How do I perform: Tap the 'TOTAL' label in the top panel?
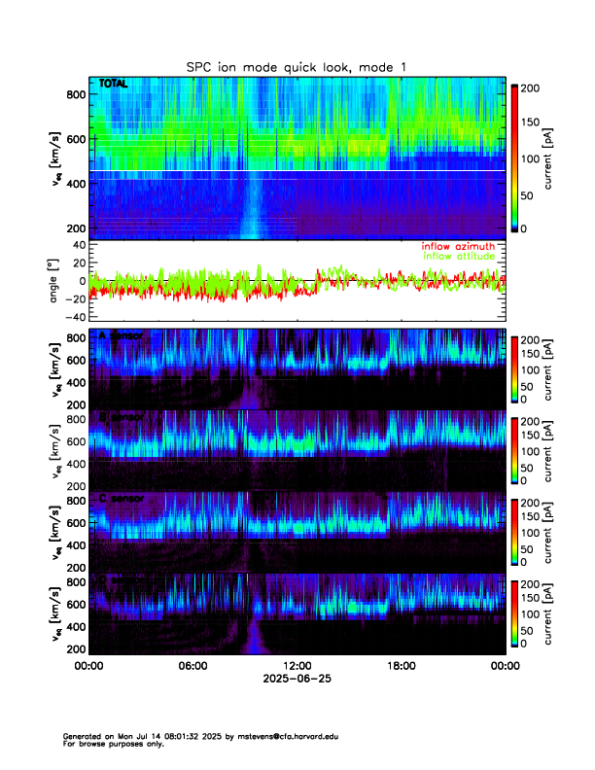pos(114,86)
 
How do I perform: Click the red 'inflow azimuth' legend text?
pos(458,246)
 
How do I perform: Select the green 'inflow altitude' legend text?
pos(458,256)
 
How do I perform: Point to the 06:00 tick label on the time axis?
pos(192,666)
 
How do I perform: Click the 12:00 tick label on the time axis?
pos(297,666)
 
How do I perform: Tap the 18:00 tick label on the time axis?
pos(401,666)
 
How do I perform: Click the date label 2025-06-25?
pos(297,679)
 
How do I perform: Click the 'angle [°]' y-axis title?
pos(57,280)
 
